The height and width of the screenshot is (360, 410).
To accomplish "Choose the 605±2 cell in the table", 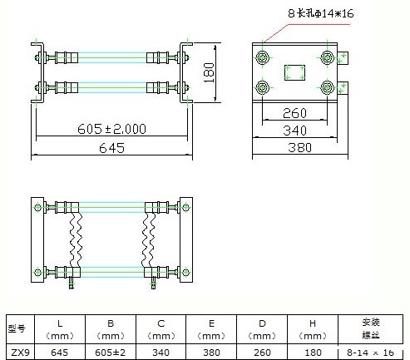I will [x=112, y=352].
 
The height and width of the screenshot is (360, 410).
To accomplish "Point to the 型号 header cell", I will [x=17, y=328].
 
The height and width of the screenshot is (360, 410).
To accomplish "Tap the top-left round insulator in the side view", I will [x=264, y=57].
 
